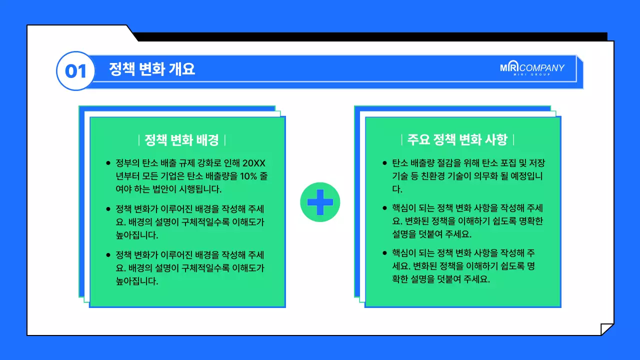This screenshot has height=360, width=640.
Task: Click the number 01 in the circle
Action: pos(76,71)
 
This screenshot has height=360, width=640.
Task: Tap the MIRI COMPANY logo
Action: pos(532,68)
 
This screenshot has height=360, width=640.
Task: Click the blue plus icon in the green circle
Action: pos(320,202)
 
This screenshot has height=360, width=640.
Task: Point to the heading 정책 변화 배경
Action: pos(181,140)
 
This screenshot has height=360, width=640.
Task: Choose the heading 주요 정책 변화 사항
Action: pos(457,139)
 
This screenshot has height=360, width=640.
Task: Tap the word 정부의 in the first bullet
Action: pos(125,163)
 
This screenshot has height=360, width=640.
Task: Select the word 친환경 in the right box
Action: pos(446,176)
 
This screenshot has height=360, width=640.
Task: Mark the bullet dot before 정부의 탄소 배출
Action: pos(108,163)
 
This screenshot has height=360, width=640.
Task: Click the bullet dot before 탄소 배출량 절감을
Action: pos(384,163)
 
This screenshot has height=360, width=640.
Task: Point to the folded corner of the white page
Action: pos(606,329)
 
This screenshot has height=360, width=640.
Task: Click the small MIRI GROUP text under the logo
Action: pos(531,75)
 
